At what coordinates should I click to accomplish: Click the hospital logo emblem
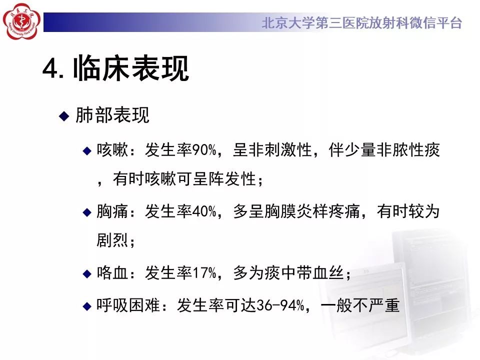click(x=21, y=21)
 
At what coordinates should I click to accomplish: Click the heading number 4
click(x=51, y=68)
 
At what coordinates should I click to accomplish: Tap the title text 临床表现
click(x=130, y=68)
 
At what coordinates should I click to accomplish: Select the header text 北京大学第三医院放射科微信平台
click(x=362, y=23)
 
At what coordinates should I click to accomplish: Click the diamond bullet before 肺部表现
click(x=64, y=116)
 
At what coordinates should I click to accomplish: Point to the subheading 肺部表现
click(x=112, y=115)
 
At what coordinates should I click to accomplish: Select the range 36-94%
click(x=280, y=305)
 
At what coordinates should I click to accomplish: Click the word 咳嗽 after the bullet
click(x=112, y=150)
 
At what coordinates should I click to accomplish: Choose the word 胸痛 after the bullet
click(x=112, y=211)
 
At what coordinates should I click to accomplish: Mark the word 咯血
click(x=112, y=273)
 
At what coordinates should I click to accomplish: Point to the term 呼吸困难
click(x=128, y=305)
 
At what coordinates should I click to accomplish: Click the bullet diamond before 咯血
click(x=87, y=273)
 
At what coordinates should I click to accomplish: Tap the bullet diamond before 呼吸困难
click(x=87, y=306)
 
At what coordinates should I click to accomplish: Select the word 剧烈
click(x=112, y=240)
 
